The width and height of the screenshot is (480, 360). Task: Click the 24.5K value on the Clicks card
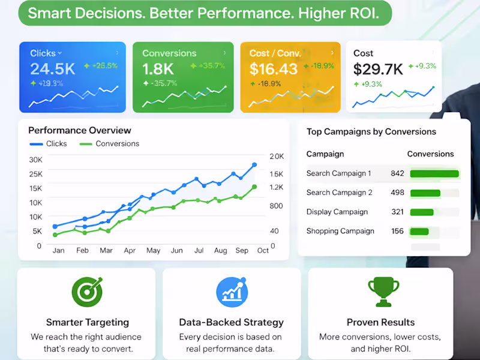pos(53,68)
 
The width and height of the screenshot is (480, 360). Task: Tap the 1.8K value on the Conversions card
pos(158,68)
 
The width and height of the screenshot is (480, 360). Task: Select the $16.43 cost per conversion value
pos(274,69)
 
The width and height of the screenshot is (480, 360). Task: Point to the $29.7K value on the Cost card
pos(378,69)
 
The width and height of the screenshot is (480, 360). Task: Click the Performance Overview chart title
pos(80,130)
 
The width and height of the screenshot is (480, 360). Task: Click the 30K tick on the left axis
pos(35,160)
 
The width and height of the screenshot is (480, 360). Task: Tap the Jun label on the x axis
pos(176,251)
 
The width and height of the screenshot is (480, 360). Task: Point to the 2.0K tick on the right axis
pos(277,157)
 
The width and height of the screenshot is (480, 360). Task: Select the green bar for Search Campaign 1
pos(434,174)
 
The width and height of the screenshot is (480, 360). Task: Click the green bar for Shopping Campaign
pos(419,231)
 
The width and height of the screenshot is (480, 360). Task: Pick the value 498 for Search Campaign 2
pos(397,193)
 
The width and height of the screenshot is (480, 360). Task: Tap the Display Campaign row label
pos(337,212)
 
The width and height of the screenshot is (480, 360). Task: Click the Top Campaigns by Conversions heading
pos(371,132)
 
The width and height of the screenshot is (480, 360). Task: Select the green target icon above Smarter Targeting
pos(87,292)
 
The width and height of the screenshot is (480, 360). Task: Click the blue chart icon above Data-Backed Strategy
pos(232,292)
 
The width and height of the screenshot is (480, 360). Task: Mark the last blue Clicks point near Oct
pos(254,164)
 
